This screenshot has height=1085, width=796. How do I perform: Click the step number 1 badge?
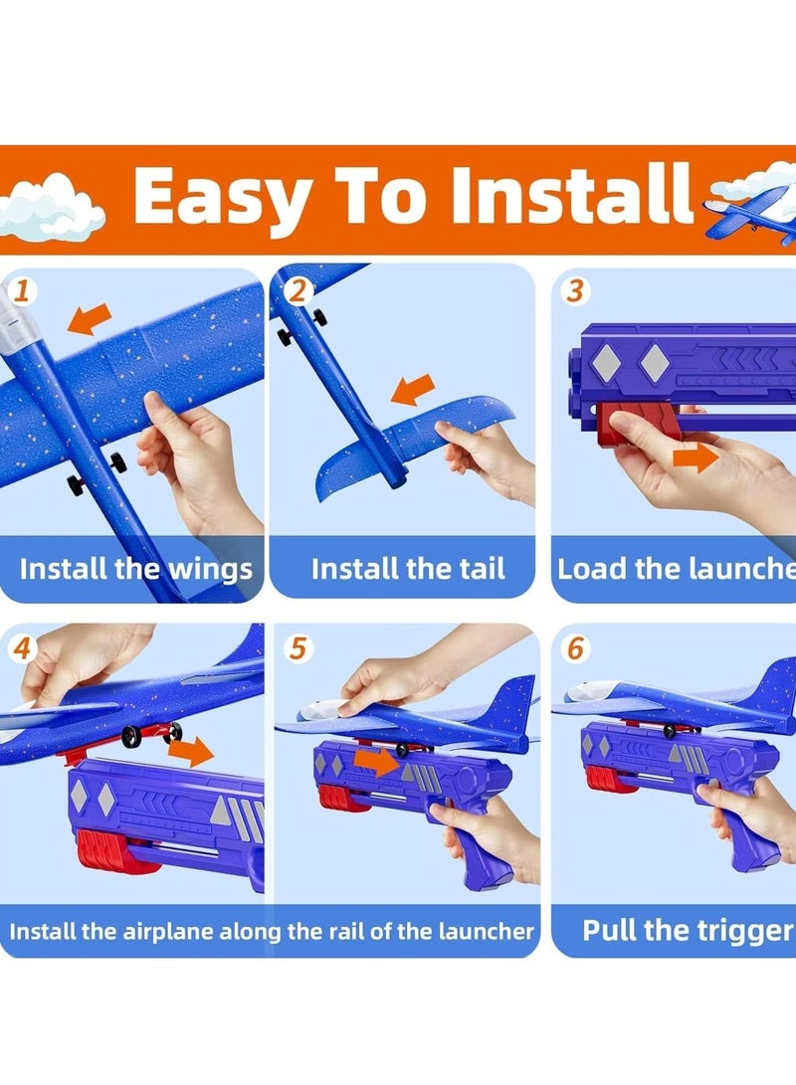pos(22,290)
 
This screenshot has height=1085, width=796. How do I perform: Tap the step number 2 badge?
pos(298,291)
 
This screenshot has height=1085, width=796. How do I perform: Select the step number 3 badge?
pos(575,291)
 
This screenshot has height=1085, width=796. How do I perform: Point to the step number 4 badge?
pos(22,648)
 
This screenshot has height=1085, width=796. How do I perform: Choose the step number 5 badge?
pos(298,648)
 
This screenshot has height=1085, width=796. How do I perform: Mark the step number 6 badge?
pos(575,648)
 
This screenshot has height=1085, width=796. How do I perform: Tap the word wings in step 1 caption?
pos(211,571)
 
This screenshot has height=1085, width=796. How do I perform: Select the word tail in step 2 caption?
pos(482,569)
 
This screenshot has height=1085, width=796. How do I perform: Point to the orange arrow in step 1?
pos(90,319)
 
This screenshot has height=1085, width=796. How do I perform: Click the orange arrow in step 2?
pos(413,390)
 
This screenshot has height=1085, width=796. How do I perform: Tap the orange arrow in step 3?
pos(696,457)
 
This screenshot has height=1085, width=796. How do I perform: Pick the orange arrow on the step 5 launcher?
pos(376,762)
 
